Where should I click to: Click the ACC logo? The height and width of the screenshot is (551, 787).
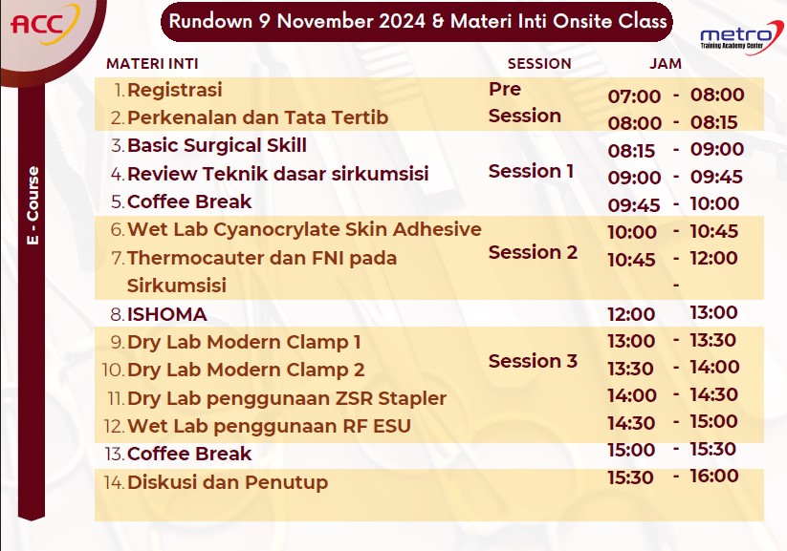[x=45, y=24]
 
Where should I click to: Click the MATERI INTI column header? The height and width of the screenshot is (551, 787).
[x=152, y=64]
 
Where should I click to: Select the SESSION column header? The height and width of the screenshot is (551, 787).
[x=539, y=64]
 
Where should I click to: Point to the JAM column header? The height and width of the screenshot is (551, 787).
[x=666, y=64]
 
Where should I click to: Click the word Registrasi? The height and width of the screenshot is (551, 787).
[x=175, y=91]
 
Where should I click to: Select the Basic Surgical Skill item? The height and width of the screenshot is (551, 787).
[x=217, y=145]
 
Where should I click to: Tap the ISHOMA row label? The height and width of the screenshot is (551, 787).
[x=167, y=314]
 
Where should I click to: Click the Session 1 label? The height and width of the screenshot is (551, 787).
[x=531, y=172]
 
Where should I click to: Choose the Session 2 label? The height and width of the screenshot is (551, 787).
[x=533, y=252]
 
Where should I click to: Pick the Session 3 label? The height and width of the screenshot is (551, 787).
[x=533, y=361]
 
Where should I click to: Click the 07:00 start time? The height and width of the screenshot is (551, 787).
[x=634, y=96]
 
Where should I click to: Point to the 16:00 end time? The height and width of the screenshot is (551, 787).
[x=714, y=476]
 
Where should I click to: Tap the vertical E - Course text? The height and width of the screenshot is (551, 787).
[x=33, y=205]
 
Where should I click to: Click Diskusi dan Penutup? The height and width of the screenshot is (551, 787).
[x=228, y=482]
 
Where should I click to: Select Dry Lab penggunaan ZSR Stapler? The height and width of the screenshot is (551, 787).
[x=287, y=398]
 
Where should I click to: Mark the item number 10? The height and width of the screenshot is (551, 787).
[x=113, y=370]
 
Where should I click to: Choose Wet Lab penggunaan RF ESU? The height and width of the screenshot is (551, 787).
[x=269, y=426]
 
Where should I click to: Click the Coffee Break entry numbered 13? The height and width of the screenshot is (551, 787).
[x=189, y=454]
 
